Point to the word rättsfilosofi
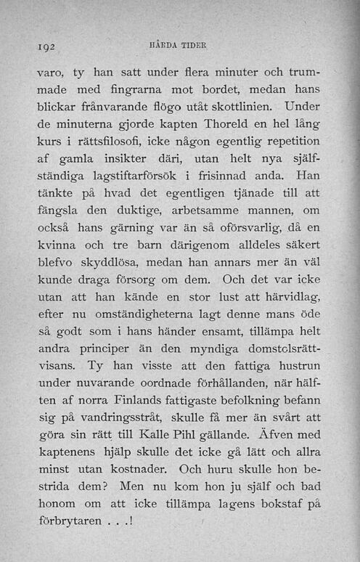(101, 155)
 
